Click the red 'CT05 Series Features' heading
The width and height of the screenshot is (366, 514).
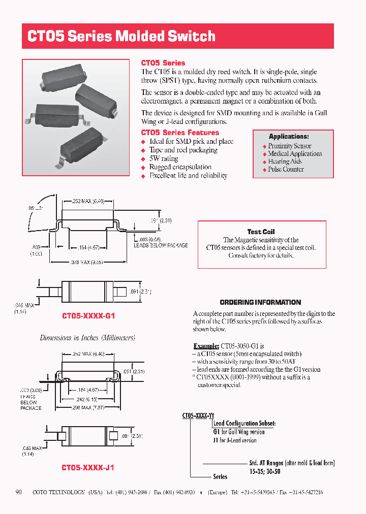pyautogui.click(x=179, y=133)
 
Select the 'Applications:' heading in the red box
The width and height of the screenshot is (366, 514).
pyautogui.click(x=289, y=137)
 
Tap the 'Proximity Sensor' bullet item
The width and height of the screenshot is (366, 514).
pyautogui.click(x=290, y=146)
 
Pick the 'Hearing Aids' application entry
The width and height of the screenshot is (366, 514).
pyautogui.click(x=285, y=162)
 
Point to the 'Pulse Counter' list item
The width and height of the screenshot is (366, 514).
pyautogui.click(x=286, y=169)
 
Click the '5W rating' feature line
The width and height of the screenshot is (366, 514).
pyautogui.click(x=163, y=158)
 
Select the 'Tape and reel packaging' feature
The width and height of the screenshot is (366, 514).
pyautogui.click(x=183, y=150)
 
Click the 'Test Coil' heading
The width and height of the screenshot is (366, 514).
pyautogui.click(x=261, y=232)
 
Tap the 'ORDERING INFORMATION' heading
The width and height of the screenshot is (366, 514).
pyautogui.click(x=260, y=302)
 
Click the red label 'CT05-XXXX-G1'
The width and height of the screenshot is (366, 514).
pyautogui.click(x=88, y=316)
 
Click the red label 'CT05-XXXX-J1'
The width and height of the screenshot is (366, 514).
pyautogui.click(x=87, y=467)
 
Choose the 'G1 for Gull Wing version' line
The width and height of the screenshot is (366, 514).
pyautogui.click(x=239, y=432)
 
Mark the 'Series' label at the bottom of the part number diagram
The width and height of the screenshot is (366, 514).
pyautogui.click(x=220, y=477)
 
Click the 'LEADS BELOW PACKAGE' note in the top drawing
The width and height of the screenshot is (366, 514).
pyautogui.click(x=161, y=245)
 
